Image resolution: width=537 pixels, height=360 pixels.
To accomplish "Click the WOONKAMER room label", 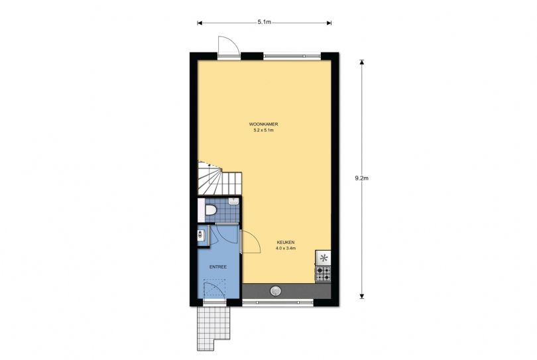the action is (263, 125).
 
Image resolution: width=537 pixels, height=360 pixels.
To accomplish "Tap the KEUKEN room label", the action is (286, 242).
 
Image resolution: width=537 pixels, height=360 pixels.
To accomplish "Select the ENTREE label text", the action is (218, 267).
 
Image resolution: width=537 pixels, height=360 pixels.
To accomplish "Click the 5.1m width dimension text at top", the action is (264, 22).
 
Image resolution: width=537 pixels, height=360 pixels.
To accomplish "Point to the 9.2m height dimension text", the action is (362, 178).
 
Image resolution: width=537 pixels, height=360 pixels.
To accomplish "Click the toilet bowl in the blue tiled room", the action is (210, 210).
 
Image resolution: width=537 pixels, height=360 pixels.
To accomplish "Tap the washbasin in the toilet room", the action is (233, 202).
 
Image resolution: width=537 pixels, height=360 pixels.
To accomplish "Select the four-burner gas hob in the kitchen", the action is (324, 273).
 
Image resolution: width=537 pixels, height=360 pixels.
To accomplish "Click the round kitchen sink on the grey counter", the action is (275, 291).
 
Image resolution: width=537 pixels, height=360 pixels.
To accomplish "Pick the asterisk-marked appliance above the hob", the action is (324, 258).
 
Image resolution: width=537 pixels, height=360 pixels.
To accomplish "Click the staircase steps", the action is (219, 179).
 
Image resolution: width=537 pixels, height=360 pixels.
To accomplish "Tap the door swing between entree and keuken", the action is (251, 242).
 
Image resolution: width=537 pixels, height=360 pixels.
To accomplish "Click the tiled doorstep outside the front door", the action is (213, 328).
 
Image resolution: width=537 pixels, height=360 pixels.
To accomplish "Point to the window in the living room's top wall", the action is (292, 56).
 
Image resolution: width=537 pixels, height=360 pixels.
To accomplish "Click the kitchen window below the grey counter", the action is (278, 303).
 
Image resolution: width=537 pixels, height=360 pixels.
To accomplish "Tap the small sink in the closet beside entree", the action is (200, 235).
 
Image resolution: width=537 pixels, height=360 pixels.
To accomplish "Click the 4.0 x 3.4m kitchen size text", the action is (286, 249).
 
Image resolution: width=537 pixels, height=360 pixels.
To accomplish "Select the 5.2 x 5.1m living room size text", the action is (263, 131).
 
